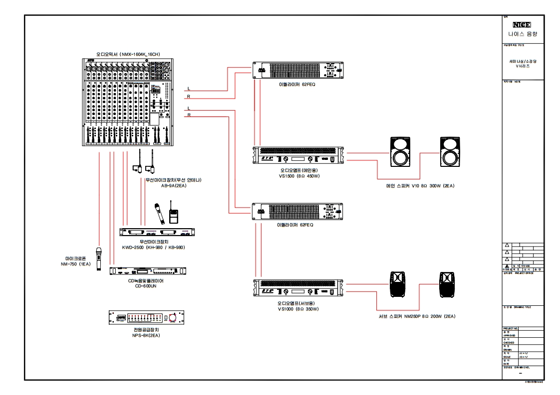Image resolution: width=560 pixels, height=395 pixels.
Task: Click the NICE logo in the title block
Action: [522, 24]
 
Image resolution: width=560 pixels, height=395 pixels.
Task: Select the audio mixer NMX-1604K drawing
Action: [127, 102]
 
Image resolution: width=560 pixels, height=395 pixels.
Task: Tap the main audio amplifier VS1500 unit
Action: [298, 155]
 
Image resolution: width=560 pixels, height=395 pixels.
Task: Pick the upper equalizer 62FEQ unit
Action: [298, 70]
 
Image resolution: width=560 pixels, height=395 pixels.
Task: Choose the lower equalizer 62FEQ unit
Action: [298, 212]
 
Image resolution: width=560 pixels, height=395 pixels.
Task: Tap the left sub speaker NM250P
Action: [398, 284]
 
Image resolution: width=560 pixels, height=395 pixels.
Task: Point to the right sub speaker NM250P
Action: [448, 284]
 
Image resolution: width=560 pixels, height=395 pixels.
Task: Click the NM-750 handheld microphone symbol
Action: [99, 259]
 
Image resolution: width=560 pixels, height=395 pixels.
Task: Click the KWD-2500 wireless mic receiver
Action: [157, 232]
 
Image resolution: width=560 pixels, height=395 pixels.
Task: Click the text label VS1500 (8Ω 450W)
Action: [298, 176]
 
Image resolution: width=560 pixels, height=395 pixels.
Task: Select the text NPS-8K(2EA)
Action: [146, 335]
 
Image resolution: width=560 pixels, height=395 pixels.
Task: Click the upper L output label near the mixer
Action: [189, 88]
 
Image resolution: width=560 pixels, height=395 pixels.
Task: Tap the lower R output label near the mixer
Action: [189, 115]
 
